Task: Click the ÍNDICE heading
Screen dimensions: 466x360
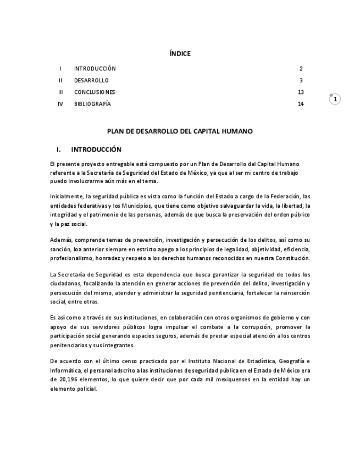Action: [x=180, y=53]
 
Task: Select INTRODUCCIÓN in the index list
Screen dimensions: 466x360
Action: [x=95, y=69]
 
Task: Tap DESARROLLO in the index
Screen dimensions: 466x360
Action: [x=91, y=80]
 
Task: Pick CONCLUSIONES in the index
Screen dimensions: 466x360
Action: [x=95, y=92]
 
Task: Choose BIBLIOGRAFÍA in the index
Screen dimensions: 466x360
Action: [x=92, y=104]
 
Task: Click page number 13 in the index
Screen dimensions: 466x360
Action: [x=301, y=92]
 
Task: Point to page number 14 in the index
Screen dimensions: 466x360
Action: [x=301, y=104]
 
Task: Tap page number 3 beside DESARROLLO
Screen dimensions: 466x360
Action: [x=301, y=80]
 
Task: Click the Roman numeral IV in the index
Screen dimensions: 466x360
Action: [x=60, y=104]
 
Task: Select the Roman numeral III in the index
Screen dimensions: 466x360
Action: [x=60, y=92]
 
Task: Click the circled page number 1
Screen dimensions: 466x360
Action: [x=335, y=99]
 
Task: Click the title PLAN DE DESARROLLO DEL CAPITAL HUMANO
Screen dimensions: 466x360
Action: [x=180, y=131]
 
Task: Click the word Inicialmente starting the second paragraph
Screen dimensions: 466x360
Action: [x=66, y=196]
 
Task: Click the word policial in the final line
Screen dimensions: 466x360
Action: [x=86, y=389]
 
